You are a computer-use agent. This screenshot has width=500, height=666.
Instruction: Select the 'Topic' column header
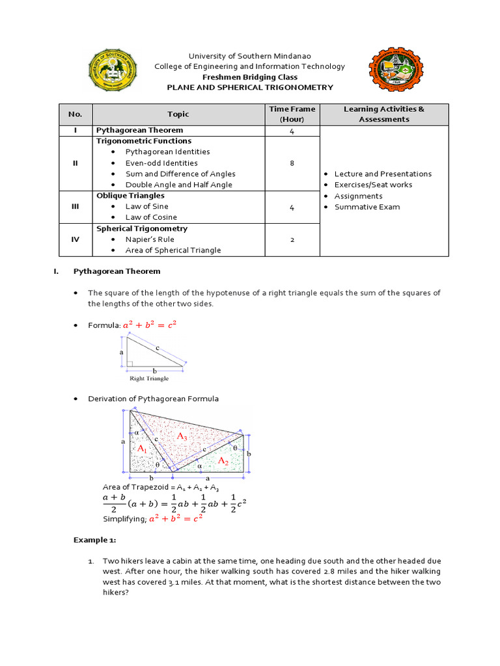click(x=178, y=114)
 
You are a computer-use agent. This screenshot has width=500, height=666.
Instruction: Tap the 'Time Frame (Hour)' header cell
click(x=292, y=114)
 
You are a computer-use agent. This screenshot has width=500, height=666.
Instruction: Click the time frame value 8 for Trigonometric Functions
click(x=292, y=163)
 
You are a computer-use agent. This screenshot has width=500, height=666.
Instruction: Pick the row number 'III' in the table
click(x=75, y=207)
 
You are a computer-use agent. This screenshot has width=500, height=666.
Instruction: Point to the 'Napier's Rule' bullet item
click(x=150, y=239)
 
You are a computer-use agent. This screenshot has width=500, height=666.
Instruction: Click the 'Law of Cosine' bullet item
click(x=151, y=217)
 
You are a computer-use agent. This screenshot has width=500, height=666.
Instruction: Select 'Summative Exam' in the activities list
click(x=367, y=207)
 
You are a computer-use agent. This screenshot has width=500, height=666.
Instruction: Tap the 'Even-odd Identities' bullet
click(x=161, y=163)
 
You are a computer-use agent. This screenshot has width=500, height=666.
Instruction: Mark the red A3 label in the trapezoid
click(x=182, y=438)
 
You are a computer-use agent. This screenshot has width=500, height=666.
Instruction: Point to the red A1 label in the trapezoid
click(x=142, y=449)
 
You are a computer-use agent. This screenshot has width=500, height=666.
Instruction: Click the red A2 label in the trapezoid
click(x=223, y=460)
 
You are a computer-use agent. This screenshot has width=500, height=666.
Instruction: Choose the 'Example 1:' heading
click(x=94, y=540)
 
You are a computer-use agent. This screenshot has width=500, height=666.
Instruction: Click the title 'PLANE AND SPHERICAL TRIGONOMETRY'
click(x=250, y=87)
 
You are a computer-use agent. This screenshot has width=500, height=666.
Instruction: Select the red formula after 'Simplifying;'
click(x=176, y=518)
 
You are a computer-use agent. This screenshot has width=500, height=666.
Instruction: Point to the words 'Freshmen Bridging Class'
click(x=250, y=77)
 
